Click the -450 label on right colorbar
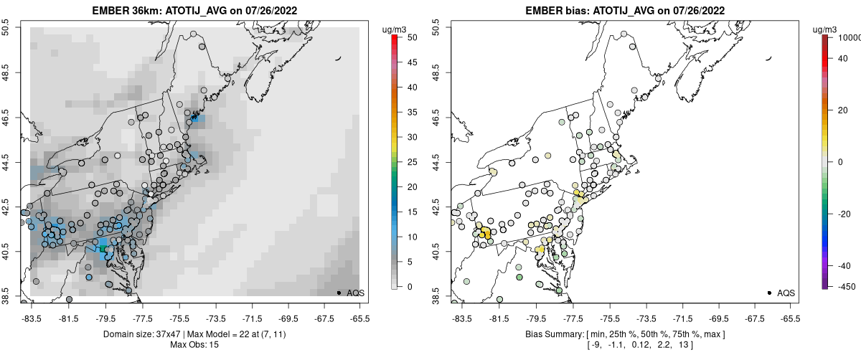click(844, 286)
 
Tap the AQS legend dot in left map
click(338, 293)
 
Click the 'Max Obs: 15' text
click(190, 345)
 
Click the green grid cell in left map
click(103, 247)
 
